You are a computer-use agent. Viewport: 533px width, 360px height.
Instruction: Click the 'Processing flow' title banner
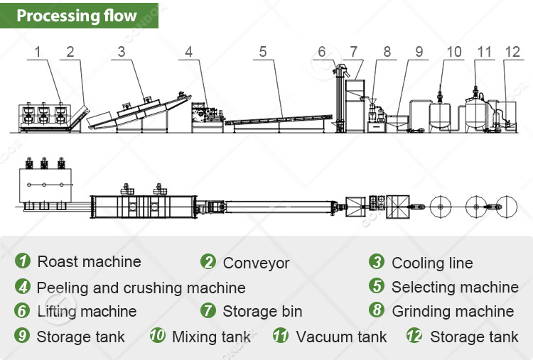[78, 15]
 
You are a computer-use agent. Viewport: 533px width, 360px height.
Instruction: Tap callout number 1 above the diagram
[38, 51]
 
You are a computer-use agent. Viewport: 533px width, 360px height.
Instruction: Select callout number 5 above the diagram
[263, 51]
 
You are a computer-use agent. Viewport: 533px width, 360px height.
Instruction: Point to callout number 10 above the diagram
[454, 51]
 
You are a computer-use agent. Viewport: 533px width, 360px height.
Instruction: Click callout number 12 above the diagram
[513, 51]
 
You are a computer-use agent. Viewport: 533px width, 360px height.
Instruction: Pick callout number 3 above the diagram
[122, 51]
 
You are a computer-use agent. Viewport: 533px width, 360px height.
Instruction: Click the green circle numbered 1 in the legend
[23, 261]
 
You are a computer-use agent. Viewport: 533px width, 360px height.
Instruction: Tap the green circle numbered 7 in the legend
[208, 311]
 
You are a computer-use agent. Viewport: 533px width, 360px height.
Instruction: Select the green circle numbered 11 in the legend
[281, 336]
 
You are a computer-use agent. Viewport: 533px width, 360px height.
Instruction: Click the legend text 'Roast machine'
[89, 262]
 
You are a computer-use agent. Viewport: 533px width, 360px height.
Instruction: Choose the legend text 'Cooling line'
[432, 263]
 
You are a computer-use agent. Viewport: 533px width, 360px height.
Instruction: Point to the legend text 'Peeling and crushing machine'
[141, 288]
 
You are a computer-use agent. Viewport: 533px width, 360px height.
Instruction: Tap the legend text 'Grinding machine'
[453, 312]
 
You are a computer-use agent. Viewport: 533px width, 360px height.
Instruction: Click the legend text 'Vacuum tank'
[341, 337]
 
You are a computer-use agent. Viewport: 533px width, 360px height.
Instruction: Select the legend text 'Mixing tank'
[211, 337]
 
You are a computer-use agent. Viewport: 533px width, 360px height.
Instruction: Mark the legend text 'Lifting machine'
[87, 312]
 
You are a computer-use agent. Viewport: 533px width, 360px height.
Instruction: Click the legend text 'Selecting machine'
[455, 288]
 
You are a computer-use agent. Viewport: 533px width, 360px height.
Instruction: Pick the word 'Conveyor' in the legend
[256, 263]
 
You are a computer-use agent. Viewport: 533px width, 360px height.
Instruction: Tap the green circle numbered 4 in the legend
[23, 287]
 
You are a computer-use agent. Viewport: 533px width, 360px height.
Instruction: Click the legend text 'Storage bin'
[262, 312]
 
